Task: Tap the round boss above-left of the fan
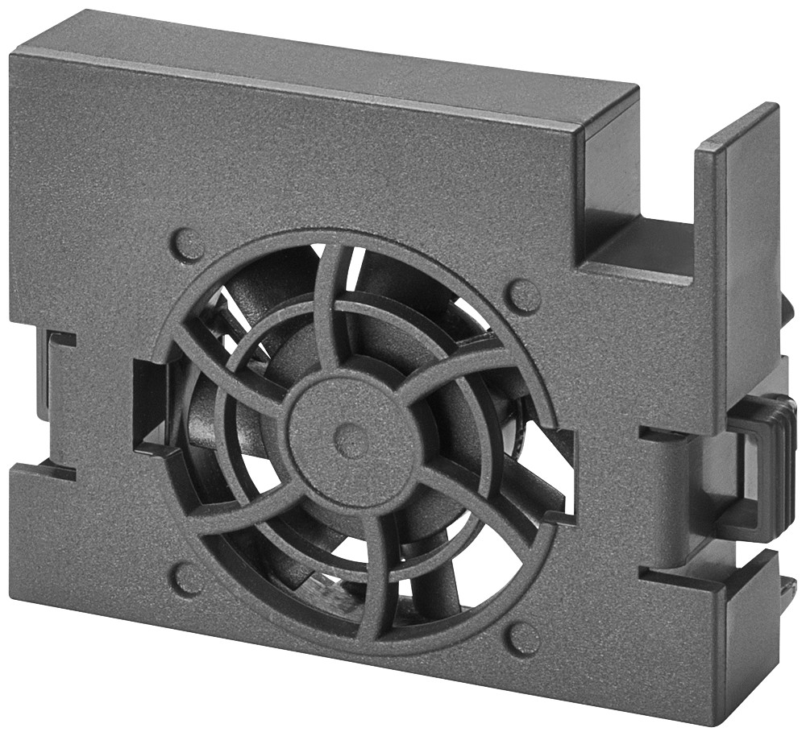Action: [188, 244]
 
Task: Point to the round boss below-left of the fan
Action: [189, 578]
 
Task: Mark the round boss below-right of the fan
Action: [523, 639]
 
